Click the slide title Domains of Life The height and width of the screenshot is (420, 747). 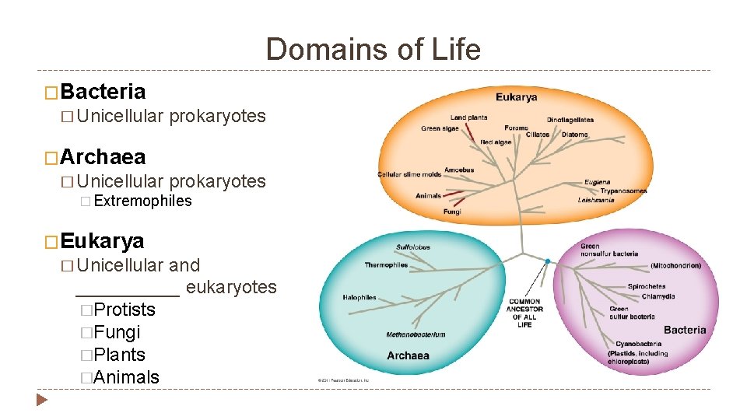click(373, 50)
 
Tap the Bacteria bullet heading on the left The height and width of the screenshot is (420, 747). click(103, 92)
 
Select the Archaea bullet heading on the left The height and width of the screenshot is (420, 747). click(103, 157)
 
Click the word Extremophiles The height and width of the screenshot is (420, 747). click(142, 201)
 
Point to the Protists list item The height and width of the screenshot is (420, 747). click(124, 310)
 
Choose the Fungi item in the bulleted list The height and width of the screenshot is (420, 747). click(117, 332)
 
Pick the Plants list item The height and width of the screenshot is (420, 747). click(119, 355)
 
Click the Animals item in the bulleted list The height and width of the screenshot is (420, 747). click(126, 377)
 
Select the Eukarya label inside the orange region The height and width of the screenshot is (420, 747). click(517, 97)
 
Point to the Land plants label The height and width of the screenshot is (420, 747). click(468, 117)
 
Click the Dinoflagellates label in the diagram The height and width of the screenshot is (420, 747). click(570, 120)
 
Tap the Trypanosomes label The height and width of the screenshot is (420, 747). click(623, 191)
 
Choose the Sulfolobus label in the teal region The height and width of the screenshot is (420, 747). click(412, 247)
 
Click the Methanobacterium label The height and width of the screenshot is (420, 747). click(416, 334)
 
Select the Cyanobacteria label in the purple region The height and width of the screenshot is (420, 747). click(638, 344)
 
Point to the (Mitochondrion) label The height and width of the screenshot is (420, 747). click(675, 266)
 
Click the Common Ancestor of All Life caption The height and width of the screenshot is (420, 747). click(524, 313)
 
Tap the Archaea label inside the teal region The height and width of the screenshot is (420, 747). click(408, 355)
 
